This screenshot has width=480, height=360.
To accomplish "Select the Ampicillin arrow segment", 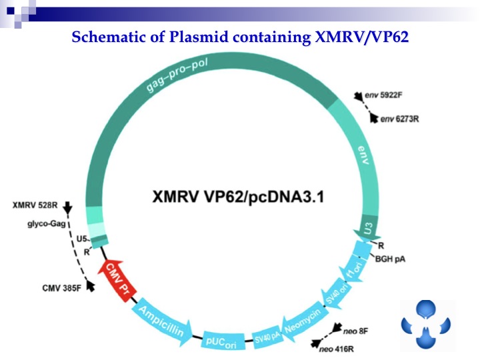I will click(163, 319).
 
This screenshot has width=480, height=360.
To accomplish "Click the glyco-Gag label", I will click(46, 224).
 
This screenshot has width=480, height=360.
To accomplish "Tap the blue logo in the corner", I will click(426, 323).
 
